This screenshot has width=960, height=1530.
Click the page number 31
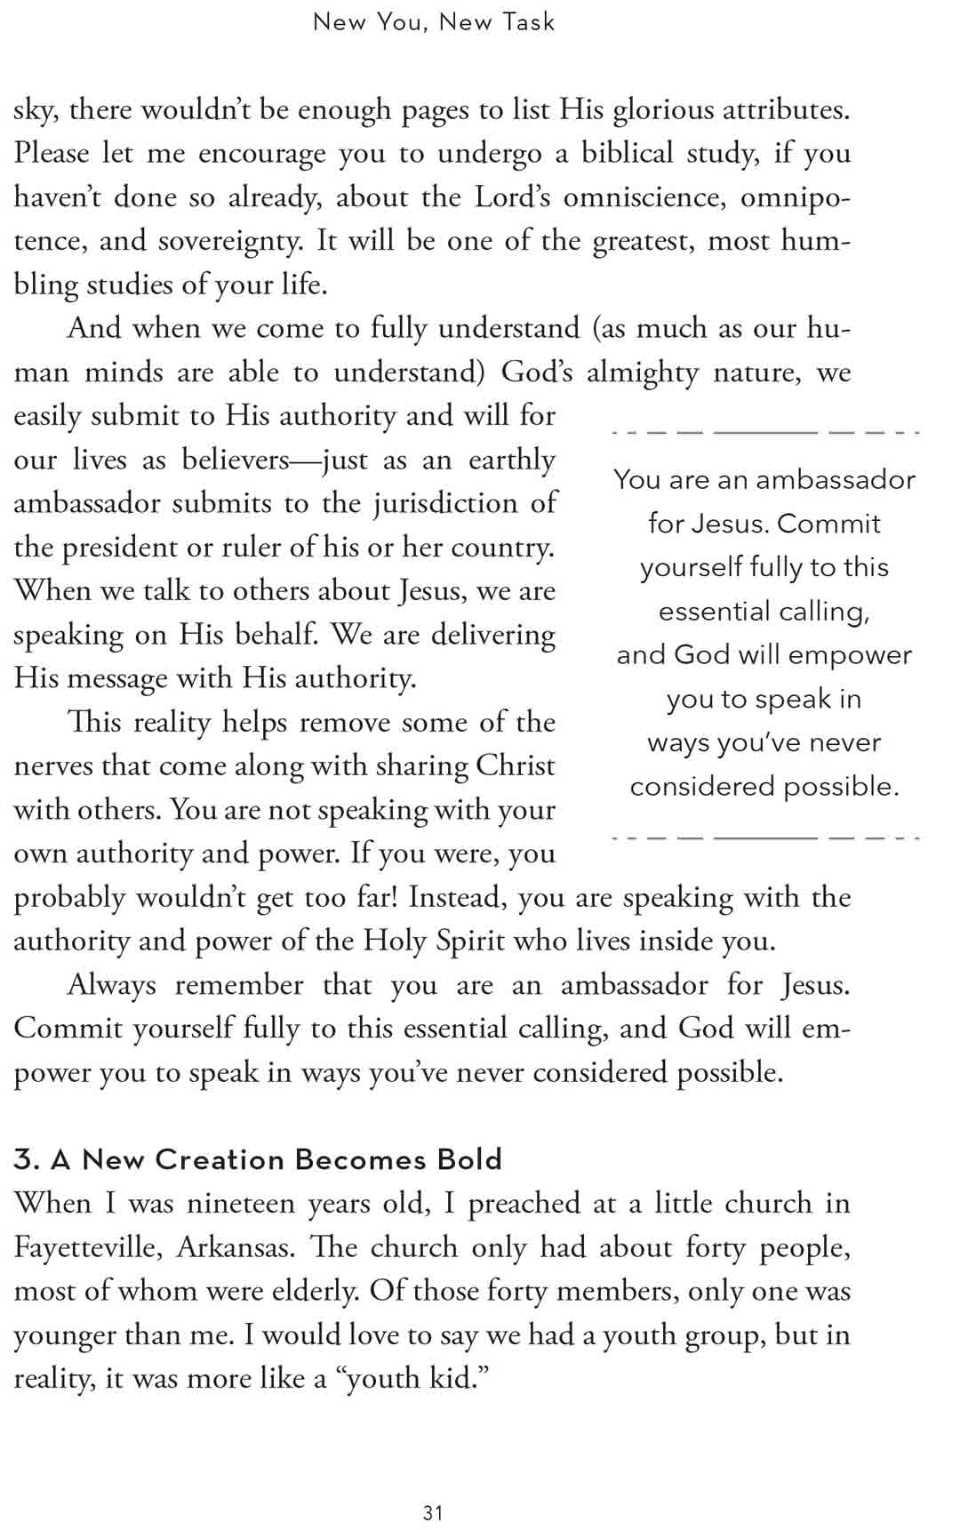coord(433,1512)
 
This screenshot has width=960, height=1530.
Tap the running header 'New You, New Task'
coord(434,22)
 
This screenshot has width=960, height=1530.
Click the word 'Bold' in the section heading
coord(470,1159)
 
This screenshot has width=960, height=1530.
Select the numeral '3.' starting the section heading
coord(27,1159)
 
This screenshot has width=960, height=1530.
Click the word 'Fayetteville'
coord(87,1247)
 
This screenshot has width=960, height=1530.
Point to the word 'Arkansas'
coord(236,1247)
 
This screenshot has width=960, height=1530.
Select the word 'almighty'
coord(643,372)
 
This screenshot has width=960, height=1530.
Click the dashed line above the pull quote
coord(765,433)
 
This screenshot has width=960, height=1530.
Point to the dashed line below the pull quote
coord(765,837)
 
